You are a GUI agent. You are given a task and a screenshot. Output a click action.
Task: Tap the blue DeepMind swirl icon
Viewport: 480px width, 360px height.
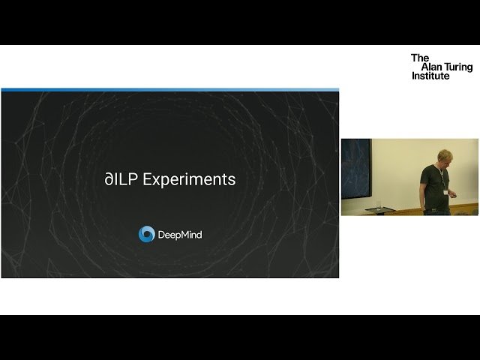pos(146,234)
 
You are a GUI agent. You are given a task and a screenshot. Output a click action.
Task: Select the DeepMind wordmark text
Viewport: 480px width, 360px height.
pos(180,235)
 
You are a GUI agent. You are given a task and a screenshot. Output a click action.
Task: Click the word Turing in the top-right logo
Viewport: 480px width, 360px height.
pos(457,67)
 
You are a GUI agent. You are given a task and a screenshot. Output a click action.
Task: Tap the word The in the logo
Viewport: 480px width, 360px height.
pos(419,58)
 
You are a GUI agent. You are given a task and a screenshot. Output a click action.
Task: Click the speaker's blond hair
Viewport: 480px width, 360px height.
pos(437,147)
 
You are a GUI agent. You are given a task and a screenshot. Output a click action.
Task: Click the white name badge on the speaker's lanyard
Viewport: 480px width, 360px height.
pos(447,193)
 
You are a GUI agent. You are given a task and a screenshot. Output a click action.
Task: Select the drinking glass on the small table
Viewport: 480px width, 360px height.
pos(379,203)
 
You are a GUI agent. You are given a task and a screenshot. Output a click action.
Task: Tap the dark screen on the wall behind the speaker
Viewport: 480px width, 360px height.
pos(355,168)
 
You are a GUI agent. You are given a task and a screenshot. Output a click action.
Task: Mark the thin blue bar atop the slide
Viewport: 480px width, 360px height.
pos(169,90)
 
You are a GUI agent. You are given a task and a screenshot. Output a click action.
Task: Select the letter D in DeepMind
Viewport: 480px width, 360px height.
pos(161,235)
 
